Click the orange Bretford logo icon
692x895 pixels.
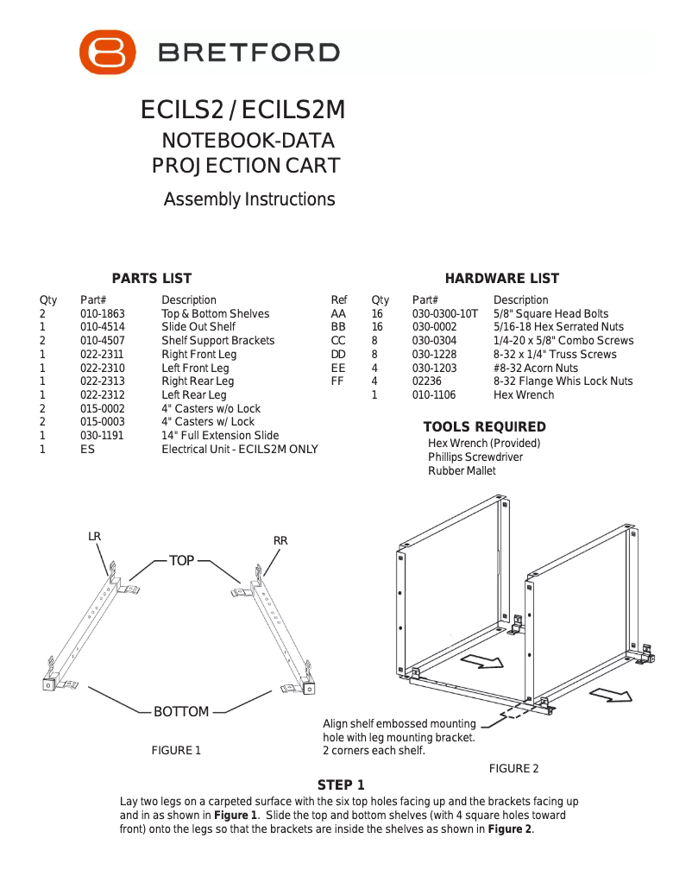click(x=108, y=52)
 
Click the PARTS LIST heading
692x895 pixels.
click(x=152, y=278)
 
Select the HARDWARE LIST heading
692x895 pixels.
click(x=501, y=278)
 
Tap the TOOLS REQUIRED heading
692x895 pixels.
click(x=484, y=427)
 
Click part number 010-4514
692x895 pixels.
click(x=103, y=327)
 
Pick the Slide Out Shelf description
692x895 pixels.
click(x=198, y=327)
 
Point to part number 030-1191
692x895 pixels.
click(x=103, y=436)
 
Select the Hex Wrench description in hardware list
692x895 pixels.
click(x=524, y=394)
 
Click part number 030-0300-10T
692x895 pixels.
click(x=444, y=314)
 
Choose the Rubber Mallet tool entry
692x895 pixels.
click(x=462, y=470)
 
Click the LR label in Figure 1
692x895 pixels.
click(x=95, y=537)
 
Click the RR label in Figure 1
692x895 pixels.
click(x=280, y=541)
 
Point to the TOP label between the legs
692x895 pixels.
click(x=182, y=561)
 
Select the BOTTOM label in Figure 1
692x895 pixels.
click(x=181, y=712)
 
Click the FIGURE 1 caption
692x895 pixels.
click(x=176, y=750)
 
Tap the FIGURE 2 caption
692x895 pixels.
click(x=513, y=768)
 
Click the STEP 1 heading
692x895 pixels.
click(x=341, y=785)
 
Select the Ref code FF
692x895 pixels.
click(x=338, y=381)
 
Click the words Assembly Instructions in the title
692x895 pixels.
click(x=249, y=199)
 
